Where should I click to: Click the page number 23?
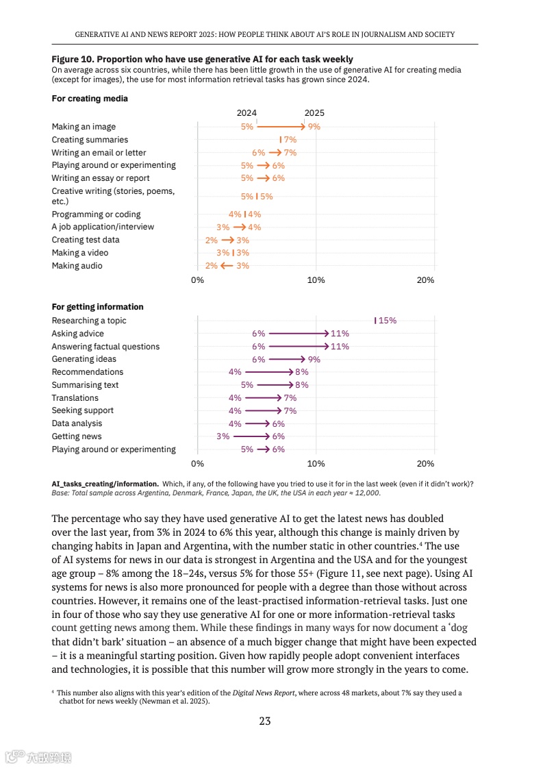click(x=265, y=720)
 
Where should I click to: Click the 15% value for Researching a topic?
click(x=388, y=321)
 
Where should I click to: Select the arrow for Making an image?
click(x=281, y=127)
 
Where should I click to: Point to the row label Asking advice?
click(x=78, y=334)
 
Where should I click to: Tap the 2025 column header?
click(x=314, y=113)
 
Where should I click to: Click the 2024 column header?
click(x=247, y=113)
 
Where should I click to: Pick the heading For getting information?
click(x=98, y=307)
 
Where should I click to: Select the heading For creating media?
click(x=90, y=99)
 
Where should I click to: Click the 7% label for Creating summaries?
click(x=290, y=140)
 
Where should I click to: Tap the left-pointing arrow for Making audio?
click(x=227, y=266)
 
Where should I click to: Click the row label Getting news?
click(x=77, y=436)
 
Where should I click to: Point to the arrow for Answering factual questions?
click(x=299, y=347)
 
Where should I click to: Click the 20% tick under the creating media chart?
click(x=425, y=280)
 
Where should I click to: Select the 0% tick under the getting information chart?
click(x=197, y=464)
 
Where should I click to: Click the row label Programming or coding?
click(x=97, y=214)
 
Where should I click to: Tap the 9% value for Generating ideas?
click(x=314, y=360)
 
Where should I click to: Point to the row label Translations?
click(x=75, y=398)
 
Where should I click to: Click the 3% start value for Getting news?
click(x=223, y=436)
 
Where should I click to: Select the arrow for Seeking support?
click(x=263, y=411)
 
